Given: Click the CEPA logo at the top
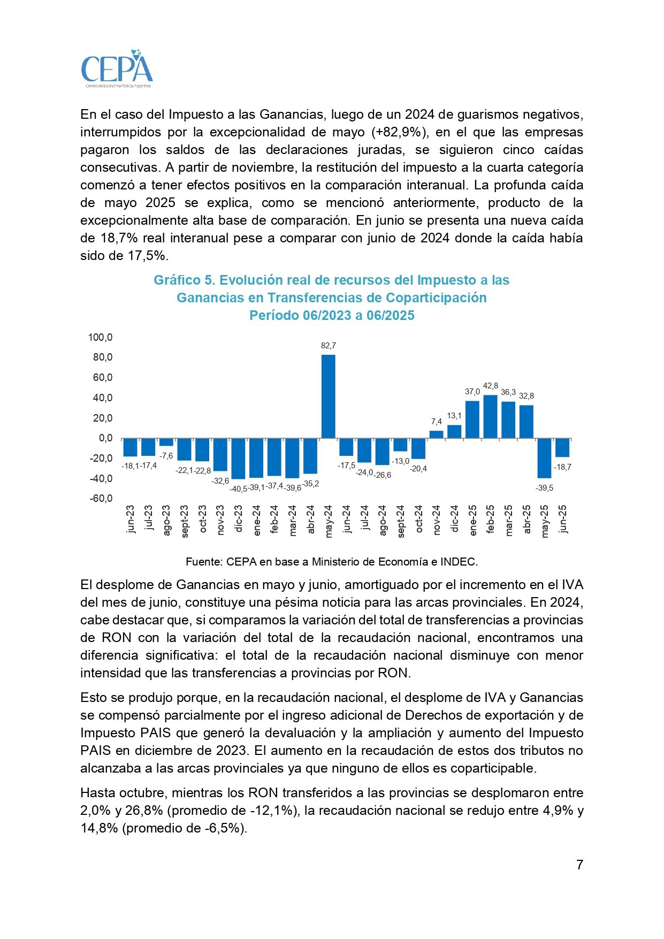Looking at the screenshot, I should coord(117,69).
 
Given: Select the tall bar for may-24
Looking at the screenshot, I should coord(328,396).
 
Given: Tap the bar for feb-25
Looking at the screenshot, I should coord(490,417).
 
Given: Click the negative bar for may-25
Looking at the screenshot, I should coord(544,458).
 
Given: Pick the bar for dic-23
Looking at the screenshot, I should coord(238,459).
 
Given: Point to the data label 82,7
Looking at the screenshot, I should coord(329,346).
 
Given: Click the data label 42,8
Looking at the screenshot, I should coord(490,386).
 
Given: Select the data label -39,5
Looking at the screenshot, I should coord(544,488).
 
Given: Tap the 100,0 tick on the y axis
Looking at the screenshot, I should coord(101,337).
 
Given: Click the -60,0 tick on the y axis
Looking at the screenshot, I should coord(101,499).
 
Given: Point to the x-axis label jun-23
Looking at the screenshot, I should coord(131,519).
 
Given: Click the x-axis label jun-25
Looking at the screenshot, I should coord(563,519).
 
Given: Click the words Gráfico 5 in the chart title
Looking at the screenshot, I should coord(184,280).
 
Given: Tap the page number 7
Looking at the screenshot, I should coord(579,865).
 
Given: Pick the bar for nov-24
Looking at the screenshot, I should coord(437,434).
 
